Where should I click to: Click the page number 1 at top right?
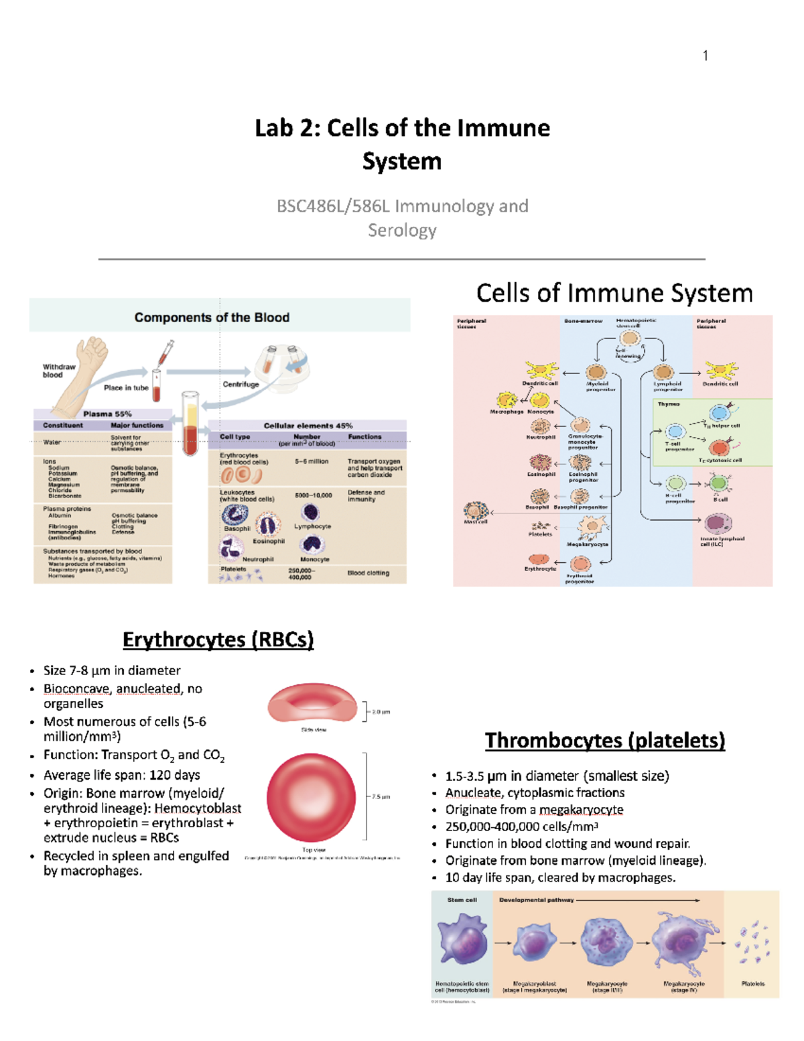click(x=706, y=56)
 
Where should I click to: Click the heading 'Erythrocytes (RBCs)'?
click(x=218, y=639)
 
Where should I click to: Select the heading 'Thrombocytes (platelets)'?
click(x=605, y=741)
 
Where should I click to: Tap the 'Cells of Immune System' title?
click(x=614, y=294)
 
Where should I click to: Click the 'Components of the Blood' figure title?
click(x=212, y=317)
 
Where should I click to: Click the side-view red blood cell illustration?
click(x=312, y=703)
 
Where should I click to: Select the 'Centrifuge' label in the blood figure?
click(x=241, y=384)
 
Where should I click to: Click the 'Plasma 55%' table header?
click(x=107, y=414)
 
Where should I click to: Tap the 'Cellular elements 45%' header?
click(x=308, y=425)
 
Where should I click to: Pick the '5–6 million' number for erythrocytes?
click(x=312, y=461)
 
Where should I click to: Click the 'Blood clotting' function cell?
click(x=368, y=573)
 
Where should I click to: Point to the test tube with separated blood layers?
click(x=190, y=424)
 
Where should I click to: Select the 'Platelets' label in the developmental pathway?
click(x=752, y=984)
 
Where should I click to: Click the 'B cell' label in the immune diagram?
click(x=720, y=499)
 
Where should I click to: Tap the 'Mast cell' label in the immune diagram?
click(x=476, y=522)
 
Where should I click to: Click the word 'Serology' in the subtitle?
click(x=402, y=230)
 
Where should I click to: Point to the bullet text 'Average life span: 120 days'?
click(x=121, y=775)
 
